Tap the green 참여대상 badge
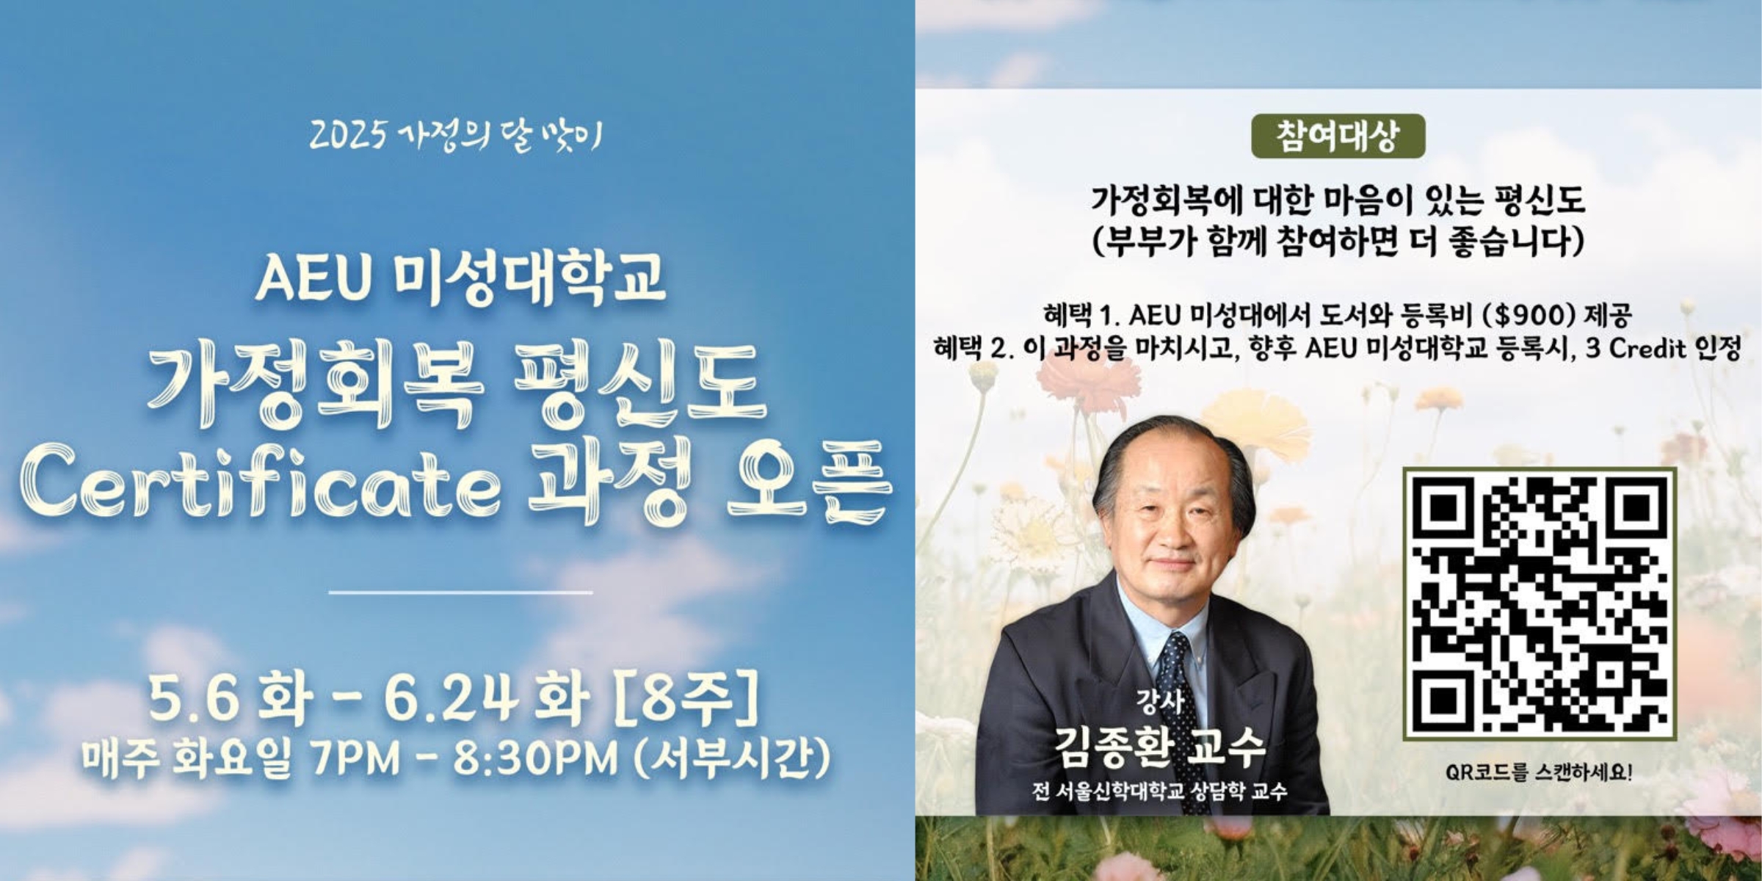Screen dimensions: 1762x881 click(1338, 137)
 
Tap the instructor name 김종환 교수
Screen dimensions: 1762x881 click(1160, 747)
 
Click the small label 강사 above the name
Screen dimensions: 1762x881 click(1159, 703)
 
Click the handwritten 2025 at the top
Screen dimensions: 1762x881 click(347, 137)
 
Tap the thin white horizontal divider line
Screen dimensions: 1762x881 click(460, 592)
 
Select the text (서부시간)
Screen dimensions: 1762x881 click(731, 759)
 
